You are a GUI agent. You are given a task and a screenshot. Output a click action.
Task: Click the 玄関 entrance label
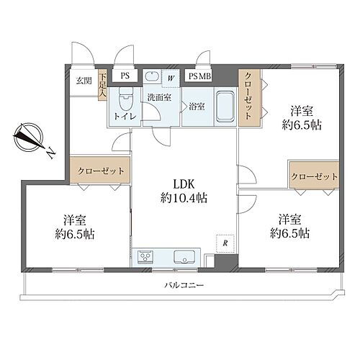84,81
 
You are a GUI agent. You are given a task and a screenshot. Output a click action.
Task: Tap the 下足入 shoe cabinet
102,84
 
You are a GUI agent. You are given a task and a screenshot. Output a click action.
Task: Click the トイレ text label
125,117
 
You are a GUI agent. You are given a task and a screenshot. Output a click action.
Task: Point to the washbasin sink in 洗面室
153,77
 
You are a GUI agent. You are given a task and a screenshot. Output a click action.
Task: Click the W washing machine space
171,78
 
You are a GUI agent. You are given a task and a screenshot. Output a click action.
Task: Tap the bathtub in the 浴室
225,107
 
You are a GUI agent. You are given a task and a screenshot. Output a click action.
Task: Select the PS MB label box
199,76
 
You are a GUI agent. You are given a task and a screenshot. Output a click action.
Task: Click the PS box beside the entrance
125,76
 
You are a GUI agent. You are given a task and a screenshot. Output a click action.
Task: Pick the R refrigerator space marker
225,243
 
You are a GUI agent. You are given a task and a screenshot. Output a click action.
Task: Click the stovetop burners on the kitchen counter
145,257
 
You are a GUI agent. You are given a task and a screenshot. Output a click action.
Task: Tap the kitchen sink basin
184,257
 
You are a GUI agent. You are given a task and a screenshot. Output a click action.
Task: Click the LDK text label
184,184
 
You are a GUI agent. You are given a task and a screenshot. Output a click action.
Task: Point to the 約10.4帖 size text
184,199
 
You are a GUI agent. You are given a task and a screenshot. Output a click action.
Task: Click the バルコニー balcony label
184,285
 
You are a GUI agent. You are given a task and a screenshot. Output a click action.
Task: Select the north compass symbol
29,137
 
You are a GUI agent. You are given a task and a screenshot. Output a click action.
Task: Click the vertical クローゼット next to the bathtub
249,98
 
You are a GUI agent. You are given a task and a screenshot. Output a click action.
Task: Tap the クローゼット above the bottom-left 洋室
100,171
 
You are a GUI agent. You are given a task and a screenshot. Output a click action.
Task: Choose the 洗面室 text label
159,97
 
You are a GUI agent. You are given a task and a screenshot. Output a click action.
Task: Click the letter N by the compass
50,153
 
